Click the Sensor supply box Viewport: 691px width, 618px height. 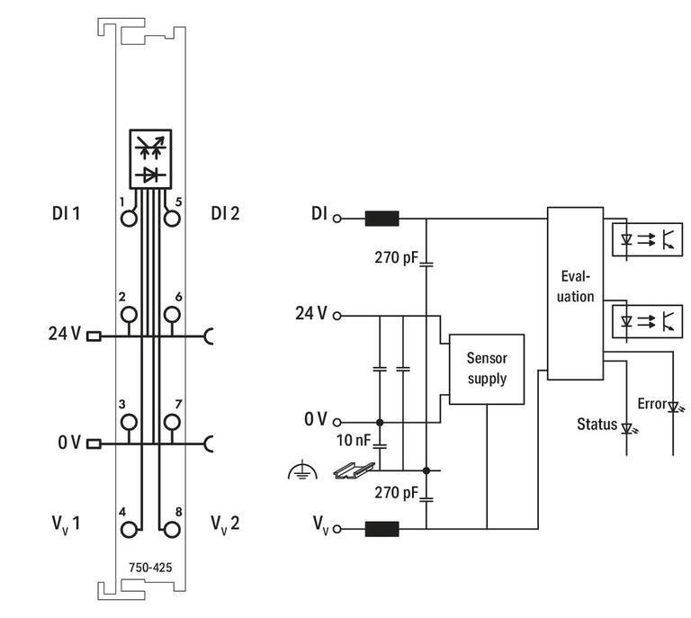[x=486, y=369]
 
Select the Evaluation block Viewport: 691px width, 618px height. [x=575, y=293]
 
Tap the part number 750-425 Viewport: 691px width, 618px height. [x=150, y=567]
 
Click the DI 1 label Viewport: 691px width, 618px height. [x=66, y=213]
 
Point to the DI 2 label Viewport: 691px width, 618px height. [x=226, y=213]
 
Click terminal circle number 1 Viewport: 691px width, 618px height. [x=130, y=218]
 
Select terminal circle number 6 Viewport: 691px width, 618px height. [x=171, y=314]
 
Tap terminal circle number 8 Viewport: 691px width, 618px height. [x=171, y=529]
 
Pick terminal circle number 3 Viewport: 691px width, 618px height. [x=130, y=421]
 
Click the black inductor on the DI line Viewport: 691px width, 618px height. [x=381, y=218]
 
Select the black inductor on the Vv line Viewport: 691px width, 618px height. [x=381, y=529]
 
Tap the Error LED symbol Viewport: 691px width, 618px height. [x=673, y=407]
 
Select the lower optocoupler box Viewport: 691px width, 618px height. [x=646, y=319]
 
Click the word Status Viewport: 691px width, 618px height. [x=597, y=424]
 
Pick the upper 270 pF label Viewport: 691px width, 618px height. [x=397, y=258]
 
